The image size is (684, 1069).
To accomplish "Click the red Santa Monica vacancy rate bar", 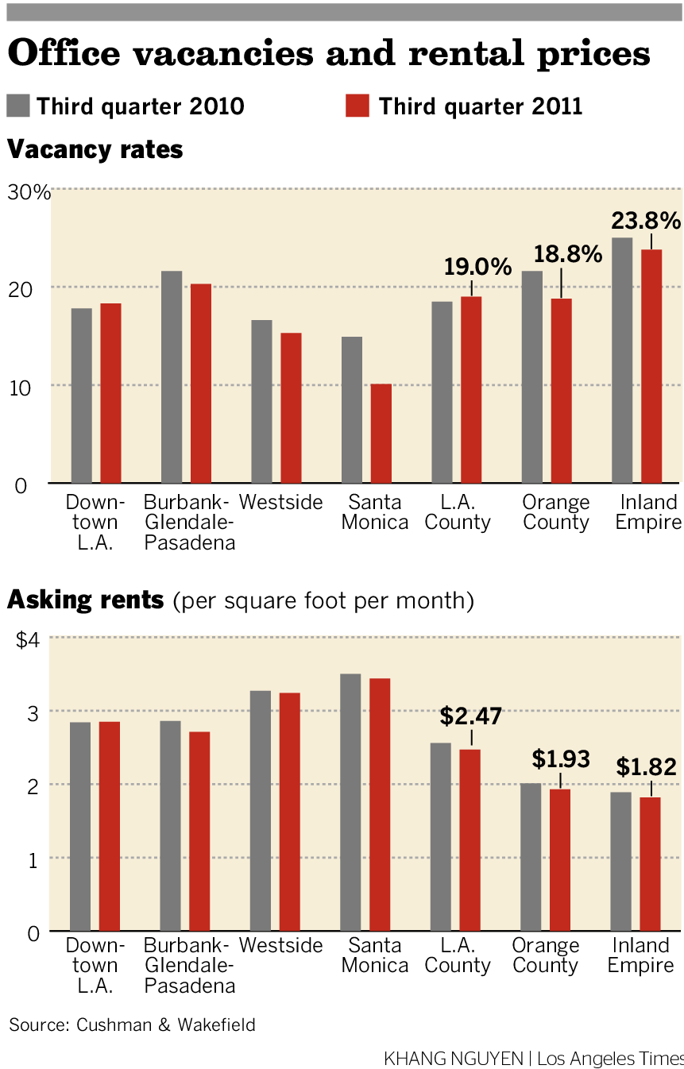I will click(x=381, y=434).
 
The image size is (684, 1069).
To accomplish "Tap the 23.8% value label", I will click(x=646, y=221).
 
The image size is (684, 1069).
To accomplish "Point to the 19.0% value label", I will click(x=477, y=267).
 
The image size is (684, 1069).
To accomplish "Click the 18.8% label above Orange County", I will click(x=567, y=254).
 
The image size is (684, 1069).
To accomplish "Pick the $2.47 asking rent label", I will click(x=471, y=716).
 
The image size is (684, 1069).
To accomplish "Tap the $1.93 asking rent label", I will click(x=561, y=759).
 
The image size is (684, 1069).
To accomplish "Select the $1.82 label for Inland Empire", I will click(x=647, y=767).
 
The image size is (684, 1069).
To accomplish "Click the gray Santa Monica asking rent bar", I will click(x=350, y=802).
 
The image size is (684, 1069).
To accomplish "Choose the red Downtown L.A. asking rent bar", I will click(x=110, y=826).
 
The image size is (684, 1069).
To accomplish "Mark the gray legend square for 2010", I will click(x=17, y=106).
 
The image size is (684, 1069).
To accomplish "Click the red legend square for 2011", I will click(x=357, y=106).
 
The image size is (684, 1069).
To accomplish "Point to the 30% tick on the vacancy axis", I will click(x=30, y=192).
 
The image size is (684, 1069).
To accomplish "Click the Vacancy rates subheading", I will click(x=95, y=149).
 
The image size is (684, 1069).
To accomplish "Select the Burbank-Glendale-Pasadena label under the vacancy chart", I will click(x=189, y=523).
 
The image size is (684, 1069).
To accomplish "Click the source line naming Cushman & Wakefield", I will click(x=133, y=1025).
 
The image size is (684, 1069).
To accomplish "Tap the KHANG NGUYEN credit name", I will click(x=453, y=1059).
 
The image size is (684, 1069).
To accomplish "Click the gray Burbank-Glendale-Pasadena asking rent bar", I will click(x=170, y=826).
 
